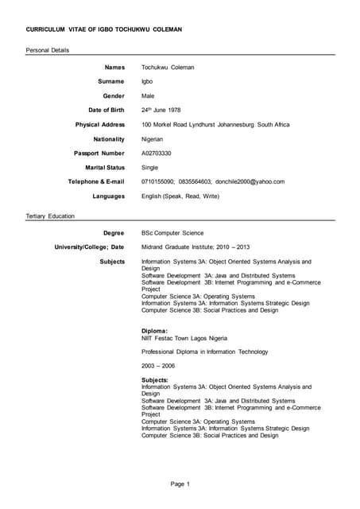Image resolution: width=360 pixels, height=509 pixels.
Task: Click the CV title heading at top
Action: pos(104,29)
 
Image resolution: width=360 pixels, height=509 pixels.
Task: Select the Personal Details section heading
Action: pos(48,50)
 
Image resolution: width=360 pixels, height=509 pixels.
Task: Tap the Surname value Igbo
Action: pos(148,81)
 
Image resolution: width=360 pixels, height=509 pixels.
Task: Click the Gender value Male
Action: pos(149,95)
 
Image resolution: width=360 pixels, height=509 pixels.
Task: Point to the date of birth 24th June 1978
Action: pos(168,110)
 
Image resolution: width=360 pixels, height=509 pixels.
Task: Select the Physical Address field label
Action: pos(100,125)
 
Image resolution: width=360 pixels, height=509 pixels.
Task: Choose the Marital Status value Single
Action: pos(150,168)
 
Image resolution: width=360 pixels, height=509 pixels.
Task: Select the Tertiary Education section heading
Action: pos(50,216)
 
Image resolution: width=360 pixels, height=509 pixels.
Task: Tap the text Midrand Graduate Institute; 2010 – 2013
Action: pos(195,247)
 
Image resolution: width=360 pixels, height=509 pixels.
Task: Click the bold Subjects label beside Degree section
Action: pos(112,262)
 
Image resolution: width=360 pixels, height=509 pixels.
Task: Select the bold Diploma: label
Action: pos(155,330)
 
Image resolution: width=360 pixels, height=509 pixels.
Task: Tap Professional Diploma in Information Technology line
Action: pos(205,352)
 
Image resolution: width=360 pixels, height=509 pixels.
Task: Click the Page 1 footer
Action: pos(180,484)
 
